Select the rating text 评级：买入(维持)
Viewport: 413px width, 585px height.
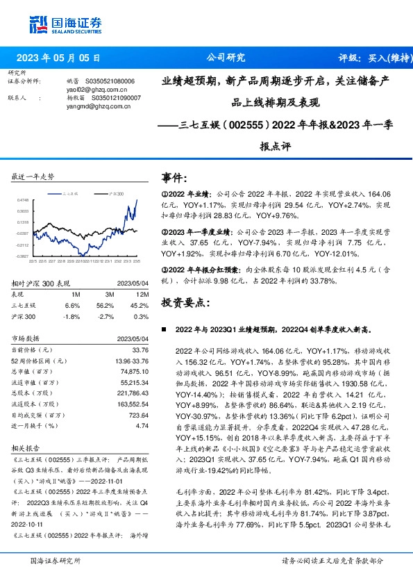pyautogui.click(x=366, y=58)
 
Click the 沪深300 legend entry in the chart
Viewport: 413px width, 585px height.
pyautogui.click(x=115, y=195)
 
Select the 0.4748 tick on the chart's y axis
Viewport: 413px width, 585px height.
pyautogui.click(x=22, y=200)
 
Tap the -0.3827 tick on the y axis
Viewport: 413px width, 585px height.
pyautogui.click(x=22, y=256)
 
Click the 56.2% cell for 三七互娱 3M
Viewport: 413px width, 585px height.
pyautogui.click(x=105, y=305)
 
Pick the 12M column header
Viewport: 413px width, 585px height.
pyautogui.click(x=140, y=294)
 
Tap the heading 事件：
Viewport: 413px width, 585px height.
pyautogui.click(x=174, y=177)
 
